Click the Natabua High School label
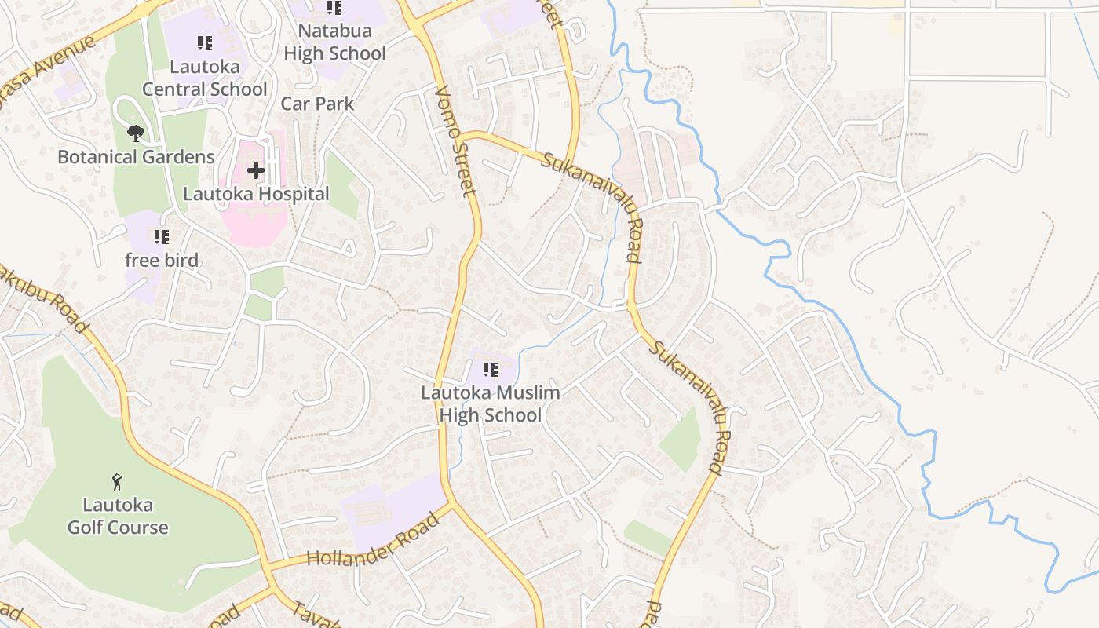(334, 43)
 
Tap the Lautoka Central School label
(205, 78)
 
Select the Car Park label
(317, 104)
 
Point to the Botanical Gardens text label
(136, 157)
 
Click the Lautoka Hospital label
(256, 194)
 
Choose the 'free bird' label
(162, 261)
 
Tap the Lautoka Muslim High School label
(491, 403)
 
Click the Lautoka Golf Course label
(118, 516)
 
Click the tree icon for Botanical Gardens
(136, 133)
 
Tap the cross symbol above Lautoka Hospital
(256, 170)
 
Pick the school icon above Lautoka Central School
(205, 43)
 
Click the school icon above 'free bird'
(162, 236)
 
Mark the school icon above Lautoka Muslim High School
(491, 369)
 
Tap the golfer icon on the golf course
(118, 480)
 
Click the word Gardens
(177, 157)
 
